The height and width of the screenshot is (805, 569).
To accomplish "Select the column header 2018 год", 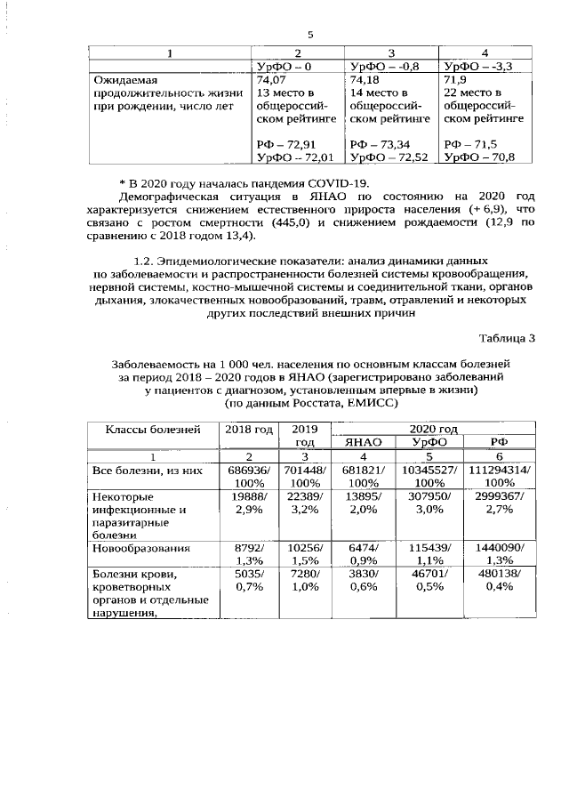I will point(249,429).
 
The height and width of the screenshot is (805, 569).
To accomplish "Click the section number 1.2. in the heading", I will point(144,261).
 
